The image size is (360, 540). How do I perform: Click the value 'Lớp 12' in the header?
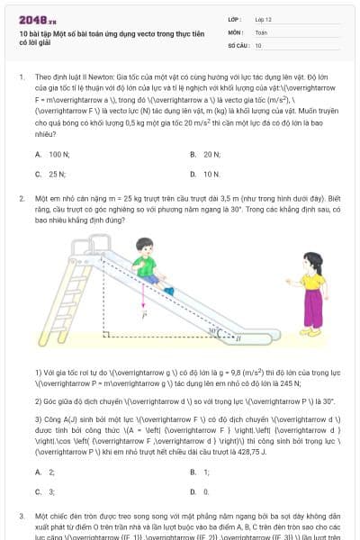tap(264, 19)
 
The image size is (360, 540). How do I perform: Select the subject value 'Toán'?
tap(261, 31)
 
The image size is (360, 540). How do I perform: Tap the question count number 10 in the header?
tap(258, 44)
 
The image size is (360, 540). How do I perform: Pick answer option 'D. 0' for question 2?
tap(199, 491)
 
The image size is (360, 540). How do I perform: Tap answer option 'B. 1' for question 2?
tap(200, 472)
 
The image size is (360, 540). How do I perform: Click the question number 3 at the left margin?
tap(22, 517)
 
